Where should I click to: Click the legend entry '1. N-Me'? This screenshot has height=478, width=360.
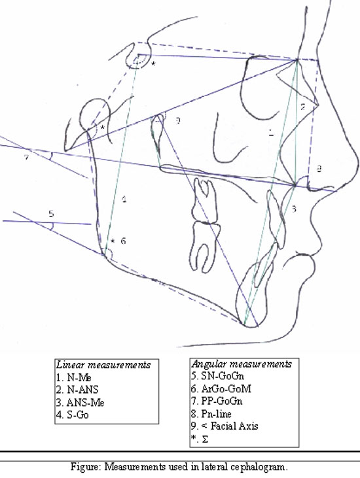click(74, 378)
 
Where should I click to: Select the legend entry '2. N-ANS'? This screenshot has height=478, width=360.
click(77, 390)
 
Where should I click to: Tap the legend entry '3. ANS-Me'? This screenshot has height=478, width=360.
click(81, 403)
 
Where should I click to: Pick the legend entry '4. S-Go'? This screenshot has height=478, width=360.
click(72, 415)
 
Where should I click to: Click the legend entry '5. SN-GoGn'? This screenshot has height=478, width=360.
click(218, 376)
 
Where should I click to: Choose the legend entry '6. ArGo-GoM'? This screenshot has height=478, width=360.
click(221, 388)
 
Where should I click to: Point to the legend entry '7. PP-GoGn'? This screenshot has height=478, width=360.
click(217, 401)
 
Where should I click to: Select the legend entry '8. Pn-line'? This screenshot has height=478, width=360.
click(211, 414)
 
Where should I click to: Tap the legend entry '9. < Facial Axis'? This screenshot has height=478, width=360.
click(225, 426)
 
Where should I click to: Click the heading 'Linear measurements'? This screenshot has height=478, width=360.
click(103, 365)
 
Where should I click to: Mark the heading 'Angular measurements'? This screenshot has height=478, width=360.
click(242, 364)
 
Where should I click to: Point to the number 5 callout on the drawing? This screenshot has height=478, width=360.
click(51, 214)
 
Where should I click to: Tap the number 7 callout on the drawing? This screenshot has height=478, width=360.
click(27, 158)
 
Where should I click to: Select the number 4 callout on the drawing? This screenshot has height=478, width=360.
click(124, 199)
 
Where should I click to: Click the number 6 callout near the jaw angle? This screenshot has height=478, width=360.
click(123, 241)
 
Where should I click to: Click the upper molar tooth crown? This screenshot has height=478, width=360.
click(204, 201)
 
